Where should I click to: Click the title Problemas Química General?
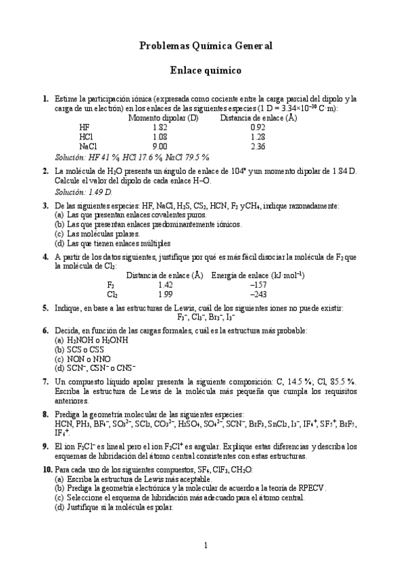[x=206, y=46]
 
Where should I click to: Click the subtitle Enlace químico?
[x=206, y=69]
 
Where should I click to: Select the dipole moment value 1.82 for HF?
[x=160, y=127]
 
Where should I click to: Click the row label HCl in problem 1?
[x=86, y=136]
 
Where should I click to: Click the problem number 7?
[x=45, y=382]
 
